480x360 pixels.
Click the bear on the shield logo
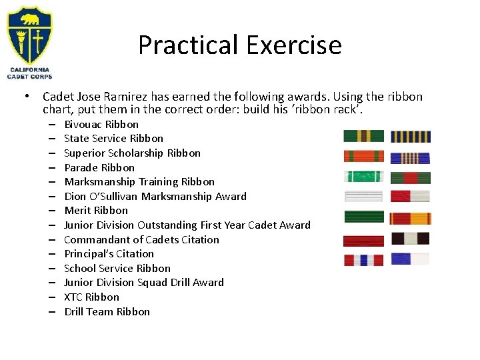(x=29, y=19)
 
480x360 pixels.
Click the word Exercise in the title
(x=293, y=45)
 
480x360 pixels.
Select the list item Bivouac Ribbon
(x=101, y=124)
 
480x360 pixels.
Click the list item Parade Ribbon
(x=99, y=167)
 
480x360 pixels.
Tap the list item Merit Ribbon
(x=96, y=210)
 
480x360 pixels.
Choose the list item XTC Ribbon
(x=91, y=297)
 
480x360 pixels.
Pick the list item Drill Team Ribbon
(x=107, y=311)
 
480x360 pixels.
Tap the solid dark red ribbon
(x=364, y=241)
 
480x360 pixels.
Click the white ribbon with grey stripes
(x=364, y=196)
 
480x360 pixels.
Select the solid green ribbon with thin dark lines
(x=364, y=217)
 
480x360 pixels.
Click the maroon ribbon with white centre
(x=410, y=239)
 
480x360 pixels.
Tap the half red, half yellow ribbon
(x=410, y=218)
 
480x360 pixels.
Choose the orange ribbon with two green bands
(x=364, y=157)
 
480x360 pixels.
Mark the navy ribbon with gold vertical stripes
(x=410, y=137)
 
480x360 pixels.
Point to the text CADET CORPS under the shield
(x=29, y=77)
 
